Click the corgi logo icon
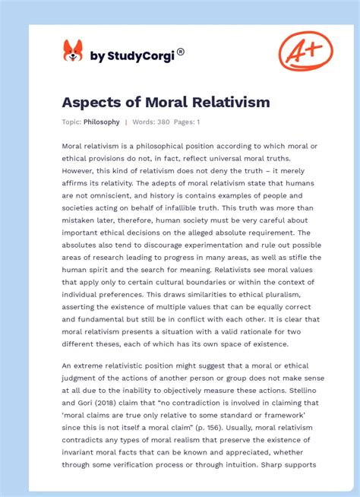(72, 51)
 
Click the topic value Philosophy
(102, 122)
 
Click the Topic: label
(72, 122)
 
